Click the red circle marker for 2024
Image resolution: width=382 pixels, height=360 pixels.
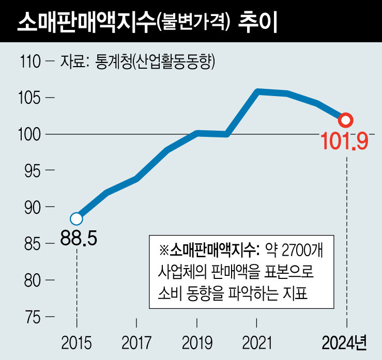pos(346,120)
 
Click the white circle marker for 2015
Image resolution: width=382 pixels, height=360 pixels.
pos(77,218)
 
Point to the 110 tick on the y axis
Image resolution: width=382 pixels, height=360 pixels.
pos(30,62)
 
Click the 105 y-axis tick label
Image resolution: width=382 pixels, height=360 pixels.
pos(30,98)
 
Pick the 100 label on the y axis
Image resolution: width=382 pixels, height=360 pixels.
pos(30,134)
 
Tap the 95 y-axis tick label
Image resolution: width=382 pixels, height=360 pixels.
pos(34,170)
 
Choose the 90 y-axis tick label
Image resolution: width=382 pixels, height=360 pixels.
pos(34,207)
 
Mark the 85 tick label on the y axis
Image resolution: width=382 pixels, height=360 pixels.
pos(34,243)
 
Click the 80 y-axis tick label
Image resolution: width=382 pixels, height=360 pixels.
pos(34,279)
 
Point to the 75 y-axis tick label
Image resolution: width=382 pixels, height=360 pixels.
pos(34,316)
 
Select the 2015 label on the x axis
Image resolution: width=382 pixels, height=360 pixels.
pos(77,342)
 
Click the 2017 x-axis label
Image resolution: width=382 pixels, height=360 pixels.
pos(136,342)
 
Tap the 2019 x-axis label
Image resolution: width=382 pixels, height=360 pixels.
pos(197,342)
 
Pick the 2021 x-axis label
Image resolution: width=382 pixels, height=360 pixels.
pos(257,342)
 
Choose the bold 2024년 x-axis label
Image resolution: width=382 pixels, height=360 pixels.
pos(344,342)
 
